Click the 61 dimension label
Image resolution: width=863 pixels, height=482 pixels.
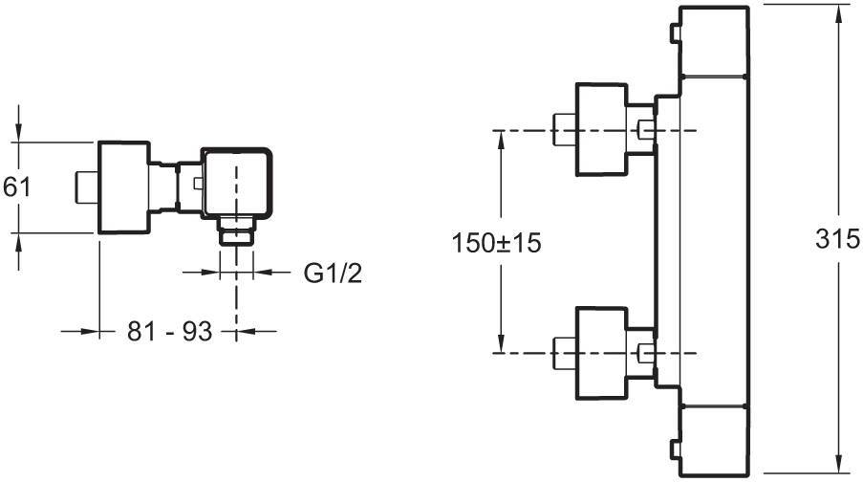(x=17, y=186)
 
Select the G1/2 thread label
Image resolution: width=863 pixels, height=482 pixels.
(x=333, y=274)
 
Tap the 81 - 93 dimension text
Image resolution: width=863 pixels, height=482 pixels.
(x=168, y=332)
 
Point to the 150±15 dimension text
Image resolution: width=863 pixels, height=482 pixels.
(x=496, y=243)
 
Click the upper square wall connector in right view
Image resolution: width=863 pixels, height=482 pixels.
(x=600, y=129)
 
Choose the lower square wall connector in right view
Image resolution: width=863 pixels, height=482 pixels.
(x=600, y=354)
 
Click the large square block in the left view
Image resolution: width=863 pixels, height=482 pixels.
(x=124, y=186)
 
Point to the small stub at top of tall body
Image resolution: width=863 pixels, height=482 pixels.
(x=674, y=36)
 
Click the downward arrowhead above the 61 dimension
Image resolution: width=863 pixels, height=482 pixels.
(x=19, y=133)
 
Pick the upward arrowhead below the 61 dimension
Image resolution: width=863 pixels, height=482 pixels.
(x=19, y=240)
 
